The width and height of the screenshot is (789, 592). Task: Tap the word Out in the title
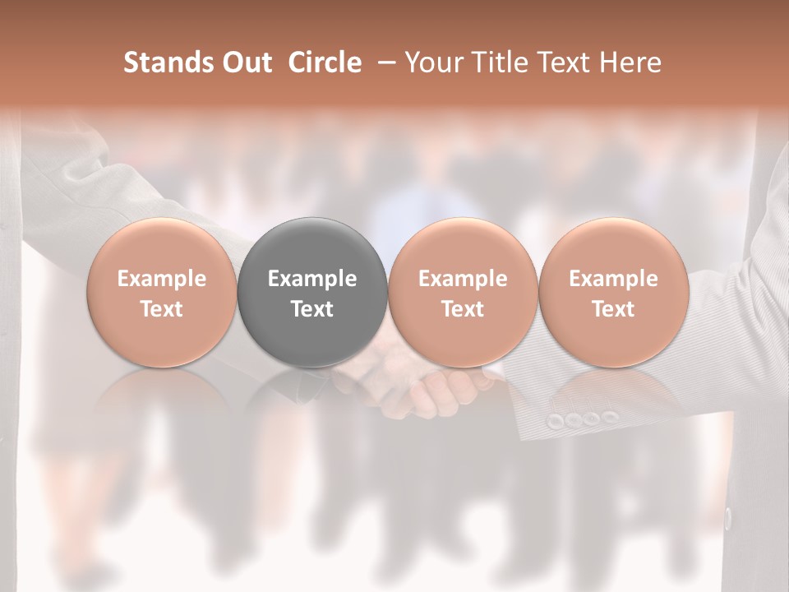tap(244, 62)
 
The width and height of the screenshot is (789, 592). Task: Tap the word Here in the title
tap(631, 62)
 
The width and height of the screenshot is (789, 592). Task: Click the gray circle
tap(312, 247)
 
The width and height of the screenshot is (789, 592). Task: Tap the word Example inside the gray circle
tap(312, 279)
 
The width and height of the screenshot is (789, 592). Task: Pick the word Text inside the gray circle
tap(312, 309)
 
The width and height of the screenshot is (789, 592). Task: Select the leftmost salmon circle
tap(162, 247)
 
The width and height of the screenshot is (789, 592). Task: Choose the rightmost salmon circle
tap(613, 247)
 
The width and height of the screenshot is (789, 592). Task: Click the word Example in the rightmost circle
tap(613, 279)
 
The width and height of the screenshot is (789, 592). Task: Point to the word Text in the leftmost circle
tap(162, 309)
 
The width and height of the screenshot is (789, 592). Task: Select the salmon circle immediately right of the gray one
tap(463, 247)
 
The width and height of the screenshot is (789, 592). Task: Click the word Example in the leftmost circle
tap(162, 279)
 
